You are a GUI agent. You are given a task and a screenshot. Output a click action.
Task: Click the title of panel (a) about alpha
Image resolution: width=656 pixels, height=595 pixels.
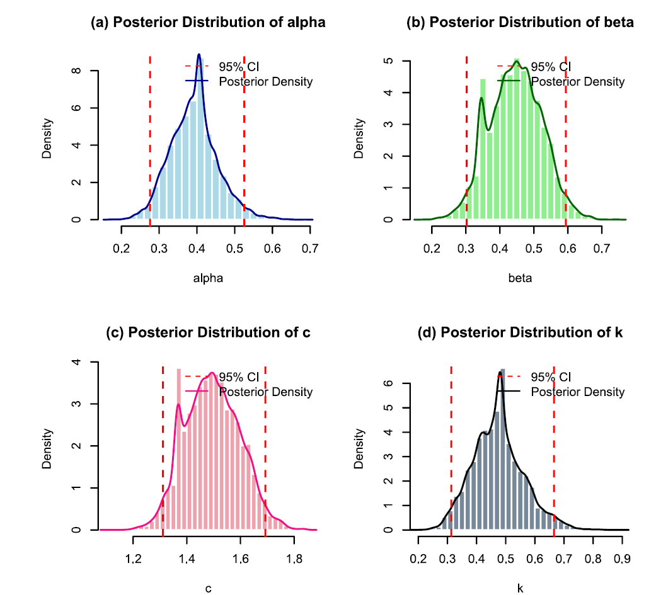(x=208, y=23)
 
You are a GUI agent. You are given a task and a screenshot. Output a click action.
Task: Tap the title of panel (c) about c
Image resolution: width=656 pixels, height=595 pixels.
(x=208, y=333)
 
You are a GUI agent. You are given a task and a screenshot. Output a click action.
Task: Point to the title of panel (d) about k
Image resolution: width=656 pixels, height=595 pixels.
(x=520, y=333)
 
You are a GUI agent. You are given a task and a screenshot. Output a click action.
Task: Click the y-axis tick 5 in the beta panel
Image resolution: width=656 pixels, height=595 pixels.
(x=388, y=61)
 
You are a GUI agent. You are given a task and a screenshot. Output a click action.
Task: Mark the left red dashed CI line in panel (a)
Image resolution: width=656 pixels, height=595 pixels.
(x=150, y=139)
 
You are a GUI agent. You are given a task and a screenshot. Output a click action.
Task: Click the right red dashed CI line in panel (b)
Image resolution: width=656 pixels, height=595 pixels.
(x=565, y=139)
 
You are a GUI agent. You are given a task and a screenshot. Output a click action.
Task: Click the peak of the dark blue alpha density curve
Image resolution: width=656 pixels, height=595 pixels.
(x=199, y=55)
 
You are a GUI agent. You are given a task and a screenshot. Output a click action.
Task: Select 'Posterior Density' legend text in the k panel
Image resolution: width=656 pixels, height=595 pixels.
(x=578, y=392)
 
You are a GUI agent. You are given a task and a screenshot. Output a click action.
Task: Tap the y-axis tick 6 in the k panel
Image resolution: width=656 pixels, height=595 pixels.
(x=388, y=382)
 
